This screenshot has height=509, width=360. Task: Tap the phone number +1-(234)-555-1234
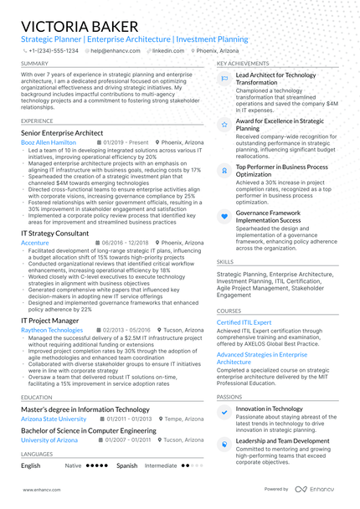point(52,50)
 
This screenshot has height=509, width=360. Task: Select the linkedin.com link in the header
point(168,50)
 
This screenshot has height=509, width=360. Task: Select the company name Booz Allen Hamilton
point(48,142)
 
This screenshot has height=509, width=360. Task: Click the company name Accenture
point(35,243)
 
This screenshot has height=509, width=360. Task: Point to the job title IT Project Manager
point(50,320)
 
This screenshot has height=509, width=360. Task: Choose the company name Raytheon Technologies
point(52,330)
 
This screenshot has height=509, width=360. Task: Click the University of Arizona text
point(49,440)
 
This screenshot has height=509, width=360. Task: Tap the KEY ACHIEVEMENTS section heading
point(243,63)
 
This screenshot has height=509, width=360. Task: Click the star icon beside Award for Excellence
point(224,124)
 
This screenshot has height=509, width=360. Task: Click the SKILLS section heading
point(225,261)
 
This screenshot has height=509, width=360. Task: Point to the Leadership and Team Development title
point(282,440)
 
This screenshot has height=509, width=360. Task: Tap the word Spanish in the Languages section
point(127,465)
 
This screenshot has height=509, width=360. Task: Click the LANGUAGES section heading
point(36,454)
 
